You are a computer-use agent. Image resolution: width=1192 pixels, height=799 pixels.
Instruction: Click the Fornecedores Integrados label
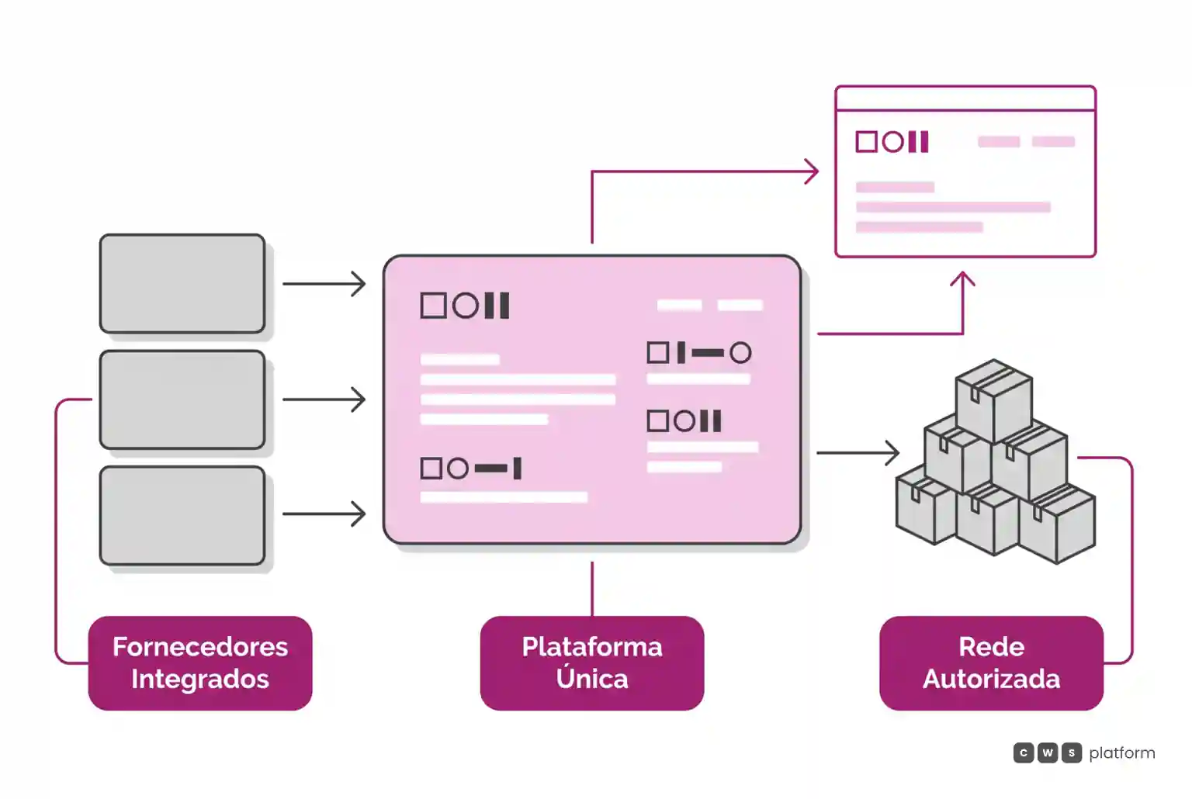200,662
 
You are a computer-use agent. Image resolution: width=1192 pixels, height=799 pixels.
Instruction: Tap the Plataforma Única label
592,662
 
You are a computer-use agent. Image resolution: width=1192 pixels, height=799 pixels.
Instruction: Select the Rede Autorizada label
991,662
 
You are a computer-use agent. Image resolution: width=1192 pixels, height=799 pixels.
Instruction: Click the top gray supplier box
182,284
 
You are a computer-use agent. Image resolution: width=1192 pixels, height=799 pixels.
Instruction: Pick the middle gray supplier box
182,399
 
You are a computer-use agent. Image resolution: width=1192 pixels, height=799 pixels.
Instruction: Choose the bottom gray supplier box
182,515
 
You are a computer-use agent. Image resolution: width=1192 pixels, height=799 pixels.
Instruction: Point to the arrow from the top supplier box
324,284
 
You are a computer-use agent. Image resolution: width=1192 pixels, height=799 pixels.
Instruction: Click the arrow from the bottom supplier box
324,514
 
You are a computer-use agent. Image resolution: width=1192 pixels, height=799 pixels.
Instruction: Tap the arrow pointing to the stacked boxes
858,453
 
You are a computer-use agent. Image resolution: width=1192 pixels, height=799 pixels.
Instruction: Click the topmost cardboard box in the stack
994,400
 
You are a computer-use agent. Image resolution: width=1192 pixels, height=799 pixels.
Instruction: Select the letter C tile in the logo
1024,752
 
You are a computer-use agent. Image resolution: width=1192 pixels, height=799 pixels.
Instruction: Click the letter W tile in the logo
1047,752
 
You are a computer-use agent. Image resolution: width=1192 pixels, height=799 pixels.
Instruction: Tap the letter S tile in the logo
1071,752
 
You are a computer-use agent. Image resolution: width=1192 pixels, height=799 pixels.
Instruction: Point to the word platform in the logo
1121,752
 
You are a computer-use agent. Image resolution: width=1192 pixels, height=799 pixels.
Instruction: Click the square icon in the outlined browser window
866,141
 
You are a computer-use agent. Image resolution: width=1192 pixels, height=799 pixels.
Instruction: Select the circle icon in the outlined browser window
893,141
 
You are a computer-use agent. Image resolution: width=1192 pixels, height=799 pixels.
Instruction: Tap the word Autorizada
991,680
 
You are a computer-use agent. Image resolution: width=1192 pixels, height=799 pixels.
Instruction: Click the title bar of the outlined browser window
965,99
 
